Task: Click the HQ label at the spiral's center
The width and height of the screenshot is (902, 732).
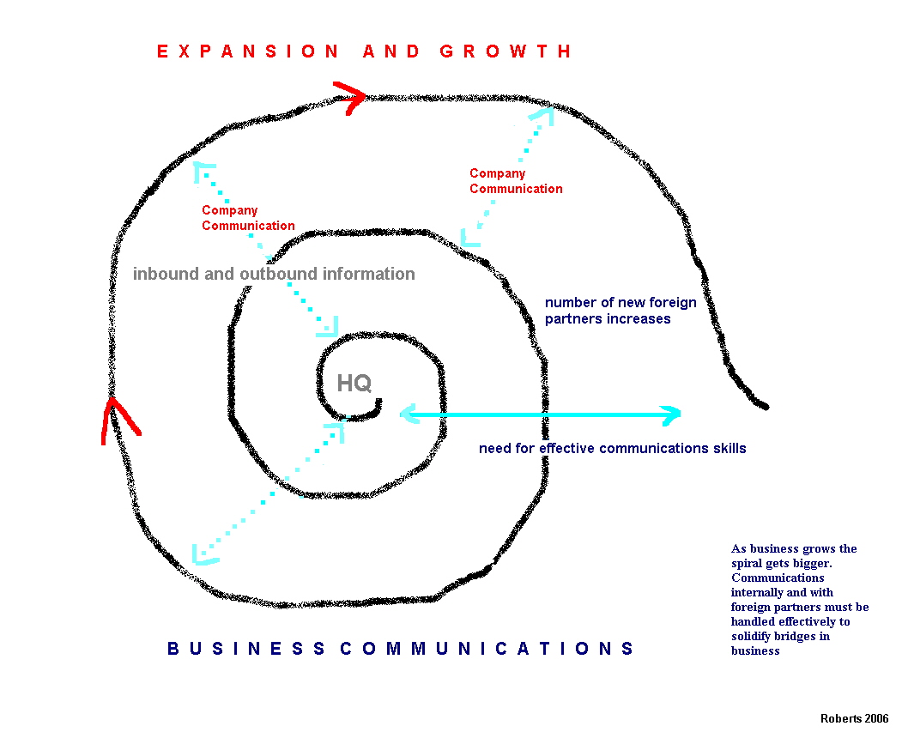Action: pyautogui.click(x=354, y=383)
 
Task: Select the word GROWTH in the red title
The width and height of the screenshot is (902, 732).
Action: pyautogui.click(x=505, y=51)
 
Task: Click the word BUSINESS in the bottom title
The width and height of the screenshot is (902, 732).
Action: pyautogui.click(x=246, y=649)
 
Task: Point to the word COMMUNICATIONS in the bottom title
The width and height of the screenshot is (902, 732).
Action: pyautogui.click(x=487, y=649)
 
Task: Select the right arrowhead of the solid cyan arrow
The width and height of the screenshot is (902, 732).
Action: pyautogui.click(x=669, y=415)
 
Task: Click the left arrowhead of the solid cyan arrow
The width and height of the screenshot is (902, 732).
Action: pyautogui.click(x=411, y=415)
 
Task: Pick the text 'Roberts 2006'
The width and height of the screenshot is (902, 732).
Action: pyautogui.click(x=854, y=718)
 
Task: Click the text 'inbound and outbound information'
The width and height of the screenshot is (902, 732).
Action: pyautogui.click(x=274, y=274)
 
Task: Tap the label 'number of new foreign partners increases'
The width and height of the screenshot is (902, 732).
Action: pyautogui.click(x=608, y=311)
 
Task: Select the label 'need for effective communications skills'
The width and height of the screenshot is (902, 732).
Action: pyautogui.click(x=612, y=448)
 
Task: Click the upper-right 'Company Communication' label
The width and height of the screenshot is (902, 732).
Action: pyautogui.click(x=515, y=181)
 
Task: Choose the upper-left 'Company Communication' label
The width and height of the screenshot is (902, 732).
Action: pyautogui.click(x=247, y=218)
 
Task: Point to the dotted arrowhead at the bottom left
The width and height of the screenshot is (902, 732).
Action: pyautogui.click(x=204, y=554)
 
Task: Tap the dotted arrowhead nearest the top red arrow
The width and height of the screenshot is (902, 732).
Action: pyautogui.click(x=543, y=115)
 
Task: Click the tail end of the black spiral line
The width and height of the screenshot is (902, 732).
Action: pyautogui.click(x=763, y=404)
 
